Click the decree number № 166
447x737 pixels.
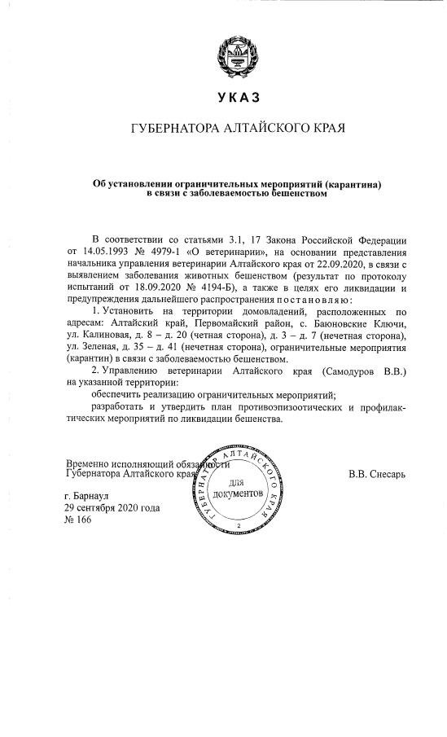[80, 521]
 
